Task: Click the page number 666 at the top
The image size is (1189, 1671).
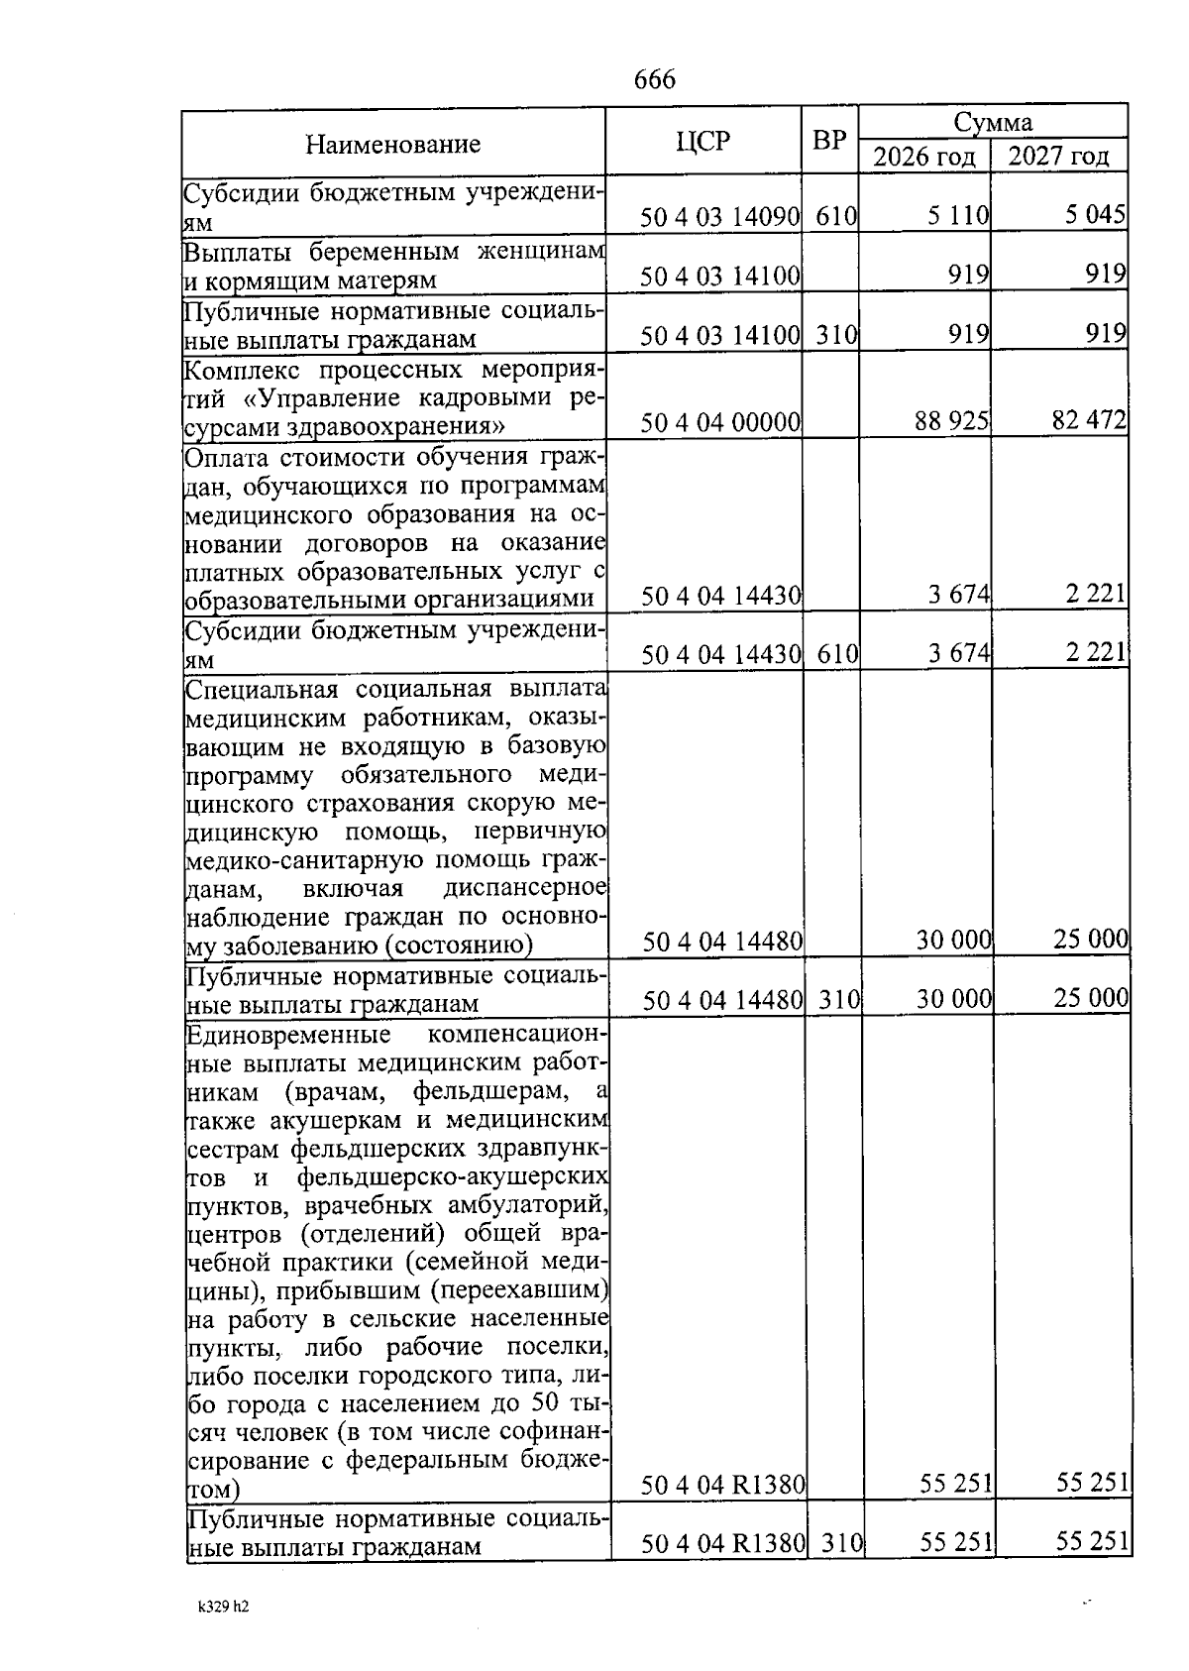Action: tap(654, 79)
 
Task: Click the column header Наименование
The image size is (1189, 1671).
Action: tap(392, 145)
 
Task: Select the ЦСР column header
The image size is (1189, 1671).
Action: tap(703, 142)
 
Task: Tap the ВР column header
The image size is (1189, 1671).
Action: tap(829, 141)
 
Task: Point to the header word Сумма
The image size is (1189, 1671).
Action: tap(992, 122)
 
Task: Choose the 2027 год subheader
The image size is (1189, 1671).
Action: tap(1058, 157)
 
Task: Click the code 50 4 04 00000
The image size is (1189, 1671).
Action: tap(719, 423)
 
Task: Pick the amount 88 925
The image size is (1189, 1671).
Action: tap(951, 422)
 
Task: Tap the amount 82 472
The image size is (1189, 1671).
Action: tap(1089, 421)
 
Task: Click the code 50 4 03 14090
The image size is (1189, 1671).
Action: tap(719, 216)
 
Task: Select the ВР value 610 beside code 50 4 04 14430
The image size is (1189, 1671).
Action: tap(836, 654)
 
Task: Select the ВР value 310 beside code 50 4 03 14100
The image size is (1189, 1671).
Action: tap(836, 335)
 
